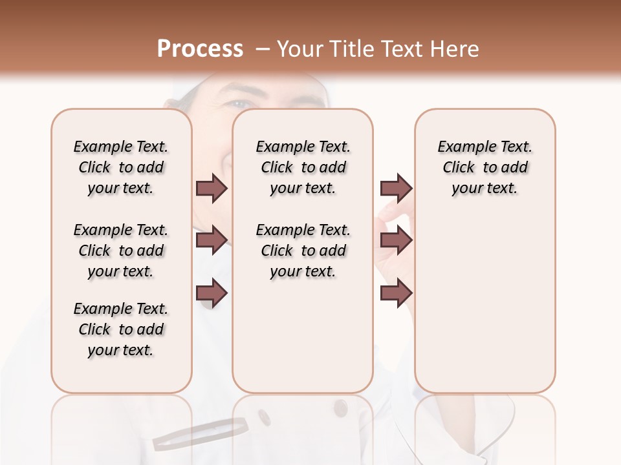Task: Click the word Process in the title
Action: click(200, 49)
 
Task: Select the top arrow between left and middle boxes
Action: click(211, 188)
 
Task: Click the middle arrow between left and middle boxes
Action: click(211, 240)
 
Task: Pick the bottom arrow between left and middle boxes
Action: click(211, 293)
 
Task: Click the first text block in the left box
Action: click(121, 167)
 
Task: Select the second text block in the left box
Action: click(121, 251)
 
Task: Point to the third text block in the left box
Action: click(121, 329)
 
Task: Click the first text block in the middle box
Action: click(303, 167)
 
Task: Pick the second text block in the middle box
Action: click(303, 251)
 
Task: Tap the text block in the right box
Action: click(485, 167)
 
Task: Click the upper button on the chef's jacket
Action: click(340, 408)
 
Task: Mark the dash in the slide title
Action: click(263, 49)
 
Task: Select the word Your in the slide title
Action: click(298, 49)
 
